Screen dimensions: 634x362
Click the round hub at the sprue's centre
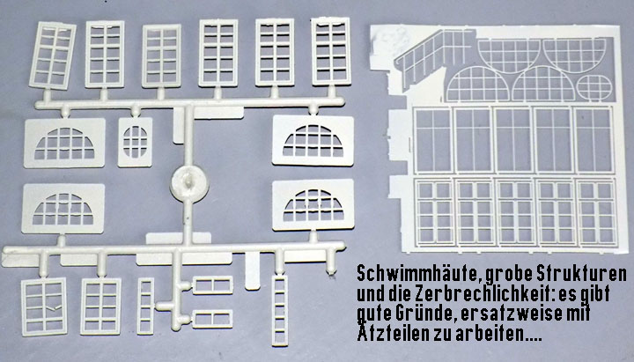coord(189,183)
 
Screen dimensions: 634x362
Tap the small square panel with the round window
coord(135,142)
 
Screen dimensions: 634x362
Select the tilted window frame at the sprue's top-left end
coord(53,55)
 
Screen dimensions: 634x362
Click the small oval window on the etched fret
coord(594,87)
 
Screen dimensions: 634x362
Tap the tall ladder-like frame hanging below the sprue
coord(280,310)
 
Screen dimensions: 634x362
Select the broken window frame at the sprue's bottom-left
coord(44,307)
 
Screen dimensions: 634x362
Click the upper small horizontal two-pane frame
coord(213,284)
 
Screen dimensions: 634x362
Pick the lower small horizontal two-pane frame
coord(212,319)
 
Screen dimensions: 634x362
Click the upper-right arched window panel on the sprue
coord(313,140)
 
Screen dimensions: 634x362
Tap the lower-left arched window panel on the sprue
coord(63,208)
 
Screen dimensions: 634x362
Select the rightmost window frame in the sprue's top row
coord(331,51)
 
